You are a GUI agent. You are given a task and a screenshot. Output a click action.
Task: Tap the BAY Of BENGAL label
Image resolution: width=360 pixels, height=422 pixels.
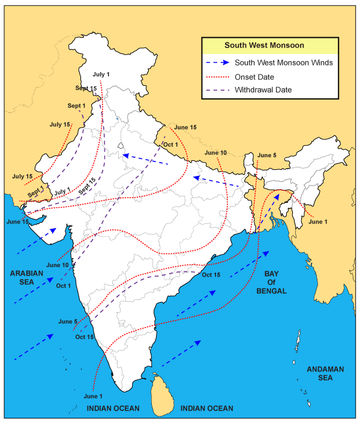275,282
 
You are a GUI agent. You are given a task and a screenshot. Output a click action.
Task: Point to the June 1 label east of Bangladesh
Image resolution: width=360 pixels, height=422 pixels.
319,222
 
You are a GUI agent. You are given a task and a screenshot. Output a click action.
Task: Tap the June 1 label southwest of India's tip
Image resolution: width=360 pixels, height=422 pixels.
93,396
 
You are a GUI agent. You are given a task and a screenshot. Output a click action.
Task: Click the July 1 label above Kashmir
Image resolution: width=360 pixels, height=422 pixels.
101,74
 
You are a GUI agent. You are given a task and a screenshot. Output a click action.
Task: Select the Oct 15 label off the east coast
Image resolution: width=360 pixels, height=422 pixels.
211,275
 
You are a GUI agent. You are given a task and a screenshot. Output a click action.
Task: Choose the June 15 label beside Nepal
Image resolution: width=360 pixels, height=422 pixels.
185,127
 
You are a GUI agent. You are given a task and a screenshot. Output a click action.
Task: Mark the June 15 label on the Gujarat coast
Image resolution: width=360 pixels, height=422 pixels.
17,222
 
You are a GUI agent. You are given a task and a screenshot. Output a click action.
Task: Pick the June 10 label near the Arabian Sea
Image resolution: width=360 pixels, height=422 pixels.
57,265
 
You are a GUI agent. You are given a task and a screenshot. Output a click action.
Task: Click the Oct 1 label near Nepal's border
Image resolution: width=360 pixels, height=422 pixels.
171,145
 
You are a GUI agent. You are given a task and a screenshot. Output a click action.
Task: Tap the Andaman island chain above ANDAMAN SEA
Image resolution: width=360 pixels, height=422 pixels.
298,345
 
